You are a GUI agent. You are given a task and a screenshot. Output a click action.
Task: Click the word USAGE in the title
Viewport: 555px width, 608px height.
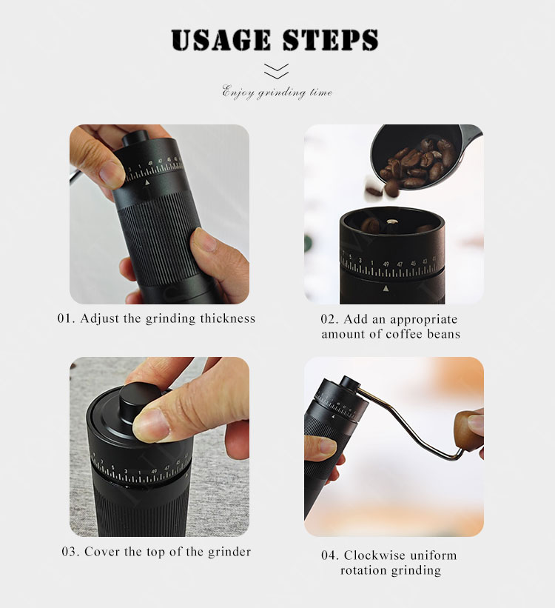(221, 40)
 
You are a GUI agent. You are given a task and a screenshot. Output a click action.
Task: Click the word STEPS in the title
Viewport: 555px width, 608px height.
(330, 40)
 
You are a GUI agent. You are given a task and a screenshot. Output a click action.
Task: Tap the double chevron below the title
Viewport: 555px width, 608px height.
(276, 71)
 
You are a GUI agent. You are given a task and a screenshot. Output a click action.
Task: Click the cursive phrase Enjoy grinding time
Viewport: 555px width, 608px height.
(277, 93)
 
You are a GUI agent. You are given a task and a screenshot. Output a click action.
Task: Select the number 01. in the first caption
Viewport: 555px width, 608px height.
(67, 318)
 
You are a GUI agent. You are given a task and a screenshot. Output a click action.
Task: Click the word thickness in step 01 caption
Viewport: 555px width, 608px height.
(227, 318)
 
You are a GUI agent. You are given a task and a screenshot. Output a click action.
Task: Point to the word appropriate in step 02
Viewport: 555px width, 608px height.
(423, 320)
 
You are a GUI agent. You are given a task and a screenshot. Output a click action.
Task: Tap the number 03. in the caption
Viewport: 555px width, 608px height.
(71, 552)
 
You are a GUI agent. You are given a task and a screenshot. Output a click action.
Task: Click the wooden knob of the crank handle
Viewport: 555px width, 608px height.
(470, 431)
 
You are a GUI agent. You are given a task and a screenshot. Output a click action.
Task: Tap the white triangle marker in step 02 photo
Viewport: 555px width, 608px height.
(386, 289)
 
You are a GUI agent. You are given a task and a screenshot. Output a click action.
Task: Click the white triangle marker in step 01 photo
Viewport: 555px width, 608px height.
(147, 182)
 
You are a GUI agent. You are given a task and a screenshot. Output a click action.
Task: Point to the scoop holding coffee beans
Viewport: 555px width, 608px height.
(420, 157)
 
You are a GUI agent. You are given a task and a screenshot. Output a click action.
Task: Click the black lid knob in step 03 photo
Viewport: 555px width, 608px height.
(138, 400)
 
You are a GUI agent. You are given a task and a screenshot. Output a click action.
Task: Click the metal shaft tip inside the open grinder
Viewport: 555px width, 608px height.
(392, 221)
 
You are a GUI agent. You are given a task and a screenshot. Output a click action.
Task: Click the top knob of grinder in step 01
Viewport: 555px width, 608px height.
(135, 138)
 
